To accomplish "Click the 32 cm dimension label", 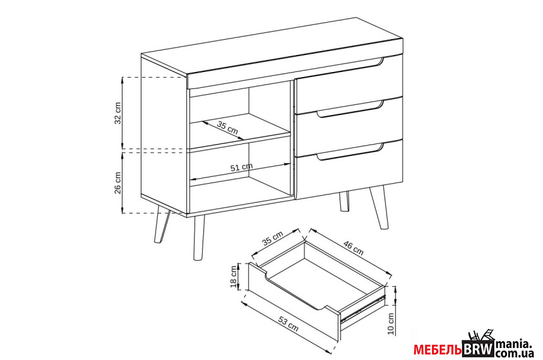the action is pyautogui.click(x=118, y=113).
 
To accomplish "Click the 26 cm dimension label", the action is pyautogui.click(x=118, y=183).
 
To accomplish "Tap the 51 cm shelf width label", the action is pyautogui.click(x=241, y=167).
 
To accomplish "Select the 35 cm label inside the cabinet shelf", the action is pyautogui.click(x=227, y=128).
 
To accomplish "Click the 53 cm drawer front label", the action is pyautogui.click(x=289, y=323).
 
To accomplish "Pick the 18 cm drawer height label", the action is pyautogui.click(x=234, y=277).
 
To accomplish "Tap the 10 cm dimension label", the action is pyautogui.click(x=391, y=323).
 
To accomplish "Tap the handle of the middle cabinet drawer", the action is pyautogui.click(x=350, y=109).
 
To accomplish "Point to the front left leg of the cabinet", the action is pyautogui.click(x=199, y=237).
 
